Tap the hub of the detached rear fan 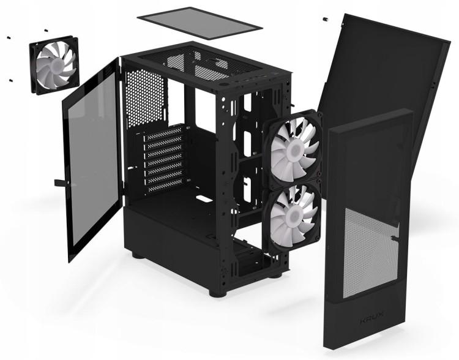(x=54, y=66)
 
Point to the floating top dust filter (x=200, y=23)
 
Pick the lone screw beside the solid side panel (x=324, y=20)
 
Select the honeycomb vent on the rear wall (x=144, y=98)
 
